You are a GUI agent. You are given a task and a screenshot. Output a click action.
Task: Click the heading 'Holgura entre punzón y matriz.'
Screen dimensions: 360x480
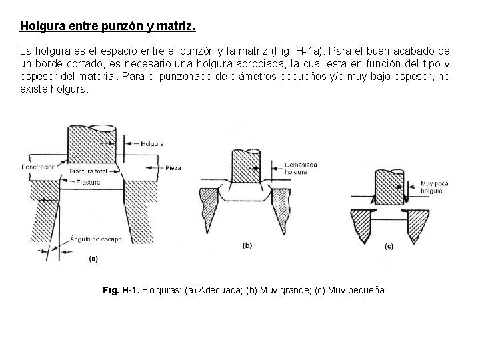[108, 27]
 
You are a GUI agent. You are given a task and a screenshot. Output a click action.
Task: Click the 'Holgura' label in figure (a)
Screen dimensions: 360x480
[153, 143]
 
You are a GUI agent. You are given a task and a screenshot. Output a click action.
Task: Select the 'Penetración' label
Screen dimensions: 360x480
[38, 167]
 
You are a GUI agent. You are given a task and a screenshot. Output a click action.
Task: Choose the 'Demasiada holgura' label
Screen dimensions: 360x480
[296, 167]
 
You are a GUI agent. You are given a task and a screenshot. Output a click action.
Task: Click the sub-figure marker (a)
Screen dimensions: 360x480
[94, 258]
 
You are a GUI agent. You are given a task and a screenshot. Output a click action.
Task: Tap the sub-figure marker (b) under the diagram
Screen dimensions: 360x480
[247, 245]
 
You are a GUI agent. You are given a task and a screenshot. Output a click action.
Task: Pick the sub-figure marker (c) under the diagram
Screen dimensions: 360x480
[389, 246]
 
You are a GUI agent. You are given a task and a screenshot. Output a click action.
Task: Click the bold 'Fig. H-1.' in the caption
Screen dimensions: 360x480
[122, 291]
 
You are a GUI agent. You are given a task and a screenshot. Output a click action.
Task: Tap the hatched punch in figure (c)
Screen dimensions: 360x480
[389, 186]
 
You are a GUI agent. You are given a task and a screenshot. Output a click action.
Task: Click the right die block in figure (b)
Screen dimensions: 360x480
[282, 207]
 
